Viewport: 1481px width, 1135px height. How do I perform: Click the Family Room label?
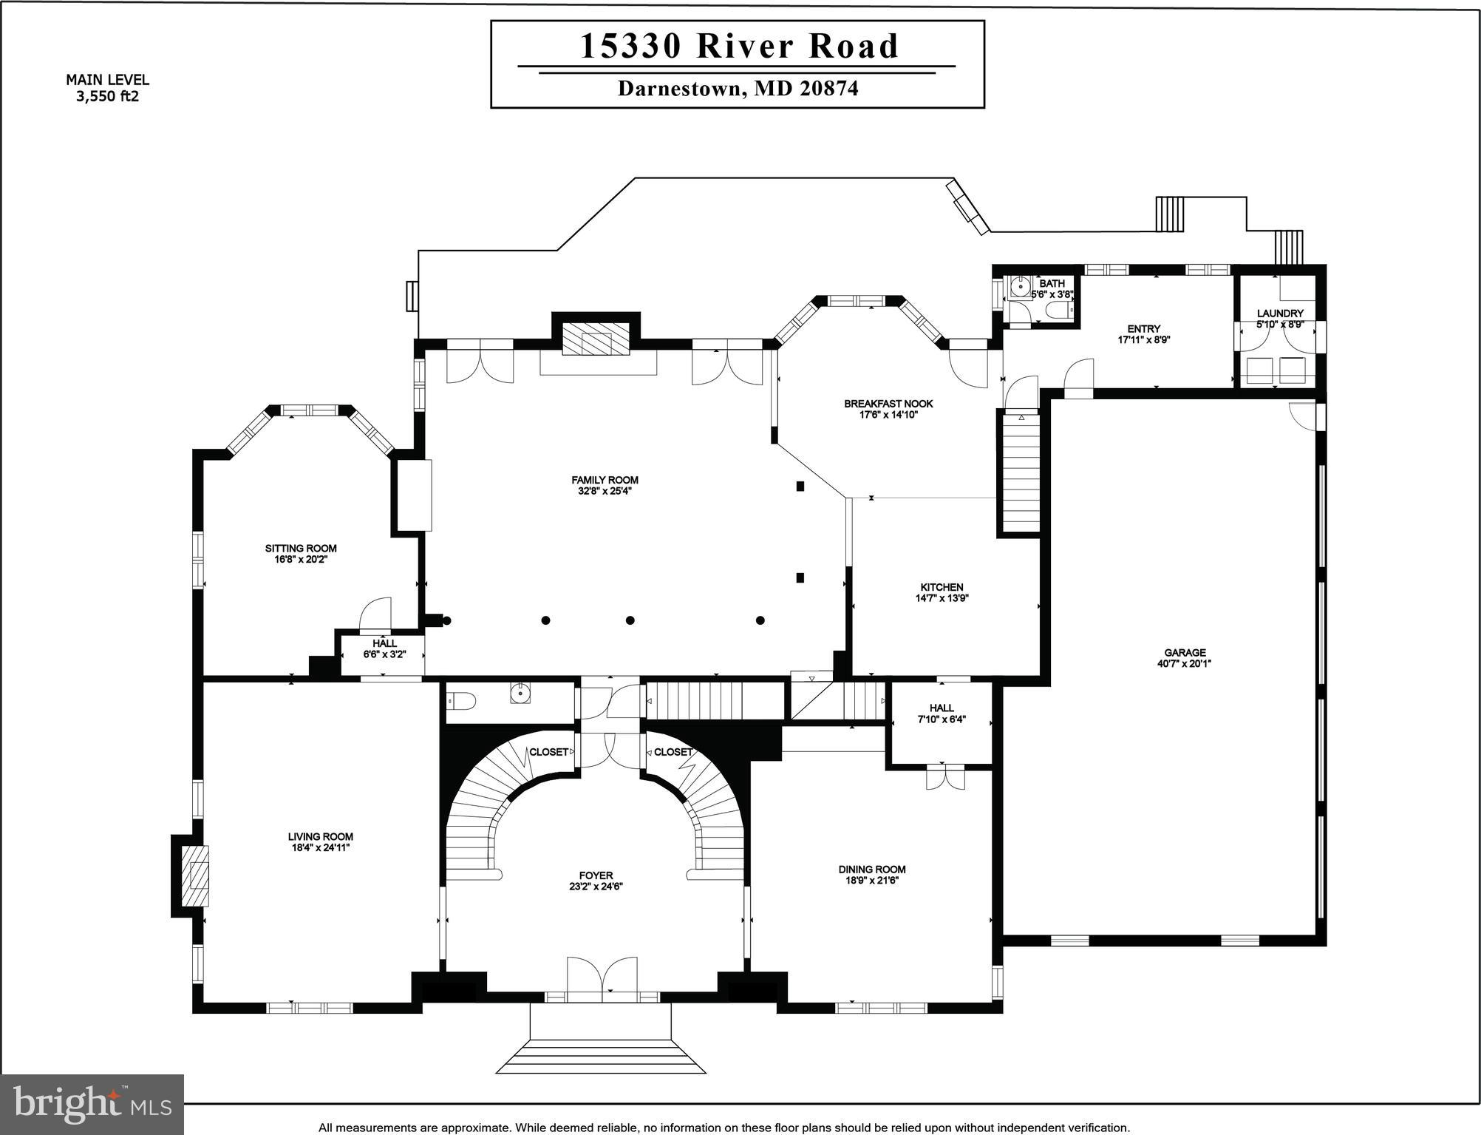coord(605,480)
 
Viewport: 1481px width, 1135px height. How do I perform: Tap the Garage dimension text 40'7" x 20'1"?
coord(1185,663)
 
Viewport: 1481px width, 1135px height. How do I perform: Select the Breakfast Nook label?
coord(888,404)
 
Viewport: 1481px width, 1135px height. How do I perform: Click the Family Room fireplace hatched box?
coord(596,339)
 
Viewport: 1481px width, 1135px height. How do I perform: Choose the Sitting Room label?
coord(301,548)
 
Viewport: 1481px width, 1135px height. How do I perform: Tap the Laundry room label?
coord(1280,314)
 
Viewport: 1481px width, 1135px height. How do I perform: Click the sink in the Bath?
coord(1021,285)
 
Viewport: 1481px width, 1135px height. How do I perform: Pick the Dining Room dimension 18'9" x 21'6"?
coord(872,881)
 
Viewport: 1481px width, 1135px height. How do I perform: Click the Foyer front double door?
coord(602,979)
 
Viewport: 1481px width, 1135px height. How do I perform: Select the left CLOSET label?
coord(548,752)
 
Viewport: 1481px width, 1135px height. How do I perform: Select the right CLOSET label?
coord(673,752)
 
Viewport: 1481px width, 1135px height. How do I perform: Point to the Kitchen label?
coord(942,587)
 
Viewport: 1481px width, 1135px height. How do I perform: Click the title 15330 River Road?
coord(739,46)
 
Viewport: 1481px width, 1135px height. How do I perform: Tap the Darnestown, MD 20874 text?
coord(738,89)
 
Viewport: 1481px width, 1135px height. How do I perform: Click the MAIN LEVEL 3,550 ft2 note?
coord(107,88)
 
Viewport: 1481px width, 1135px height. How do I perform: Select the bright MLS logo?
coord(92,1104)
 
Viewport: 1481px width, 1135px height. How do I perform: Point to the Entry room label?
coord(1143,328)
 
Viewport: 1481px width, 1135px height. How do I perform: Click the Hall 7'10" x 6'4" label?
coord(942,714)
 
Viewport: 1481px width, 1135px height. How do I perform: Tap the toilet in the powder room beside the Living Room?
coord(462,699)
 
